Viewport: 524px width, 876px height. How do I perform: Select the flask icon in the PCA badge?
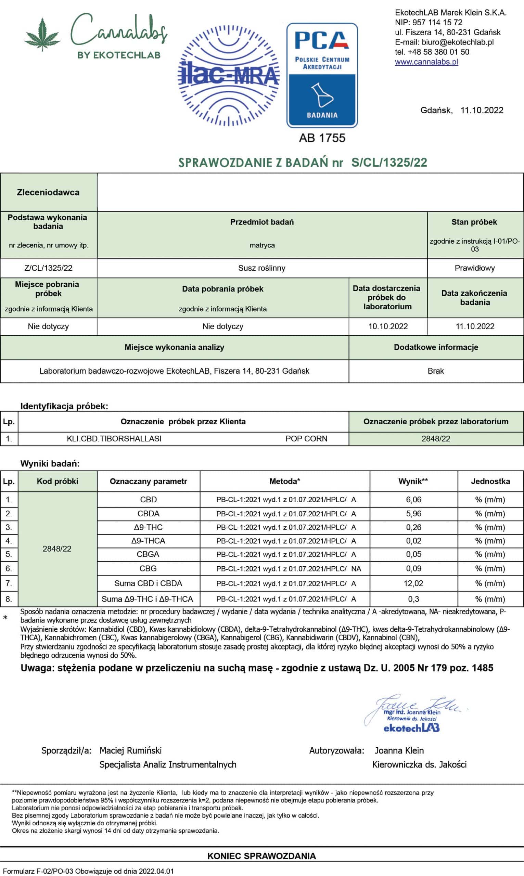pyautogui.click(x=321, y=95)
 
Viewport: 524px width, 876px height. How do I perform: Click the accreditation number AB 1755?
pyautogui.click(x=322, y=138)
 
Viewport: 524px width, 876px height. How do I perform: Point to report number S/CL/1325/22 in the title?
pyautogui.click(x=389, y=162)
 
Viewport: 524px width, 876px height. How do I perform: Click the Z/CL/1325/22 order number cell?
pyautogui.click(x=48, y=268)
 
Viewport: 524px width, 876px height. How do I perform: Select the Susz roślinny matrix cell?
pyautogui.click(x=261, y=268)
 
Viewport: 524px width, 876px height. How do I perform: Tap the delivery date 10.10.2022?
pyautogui.click(x=388, y=326)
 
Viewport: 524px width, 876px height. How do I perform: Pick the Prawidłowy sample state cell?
pyautogui.click(x=475, y=268)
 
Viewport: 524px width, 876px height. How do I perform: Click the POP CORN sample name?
pyautogui.click(x=306, y=438)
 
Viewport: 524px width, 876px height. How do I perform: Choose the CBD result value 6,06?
pyautogui.click(x=413, y=499)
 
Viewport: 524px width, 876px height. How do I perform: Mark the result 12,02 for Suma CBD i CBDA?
pyautogui.click(x=413, y=583)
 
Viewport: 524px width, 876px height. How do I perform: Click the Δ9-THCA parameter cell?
pyautogui.click(x=148, y=541)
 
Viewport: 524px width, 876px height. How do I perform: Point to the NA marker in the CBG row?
pyautogui.click(x=356, y=569)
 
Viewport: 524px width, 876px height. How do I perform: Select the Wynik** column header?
pyautogui.click(x=413, y=481)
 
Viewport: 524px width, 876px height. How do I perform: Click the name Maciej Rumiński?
pyautogui.click(x=130, y=750)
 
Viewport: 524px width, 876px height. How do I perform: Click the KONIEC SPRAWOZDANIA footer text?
pyautogui.click(x=261, y=856)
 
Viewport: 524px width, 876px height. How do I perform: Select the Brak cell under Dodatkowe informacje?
pyautogui.click(x=435, y=371)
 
